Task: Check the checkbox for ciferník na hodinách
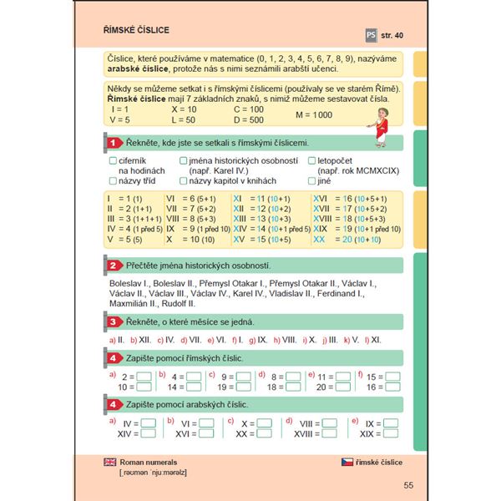[113, 159]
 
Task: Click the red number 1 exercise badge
[113, 143]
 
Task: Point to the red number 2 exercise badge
[113, 266]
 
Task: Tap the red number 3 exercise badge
[113, 321]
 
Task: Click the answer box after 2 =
[144, 377]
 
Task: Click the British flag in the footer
[109, 462]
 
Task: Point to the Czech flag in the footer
[347, 462]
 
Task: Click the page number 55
[407, 486]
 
